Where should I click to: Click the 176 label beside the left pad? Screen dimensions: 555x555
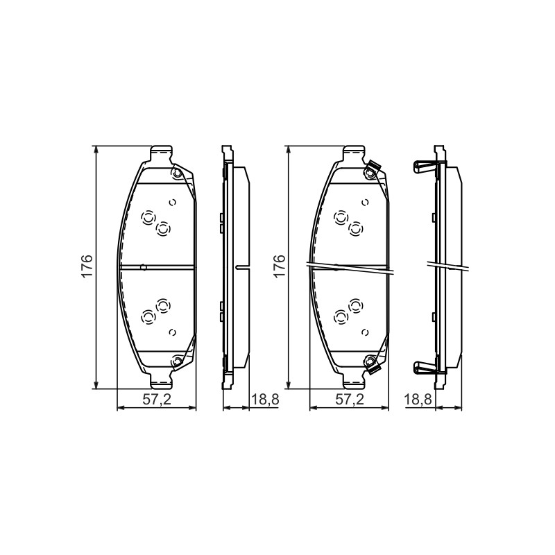click(87, 266)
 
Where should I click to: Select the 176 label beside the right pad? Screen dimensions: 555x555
click(280, 266)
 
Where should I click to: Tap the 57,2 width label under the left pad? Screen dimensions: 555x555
click(157, 400)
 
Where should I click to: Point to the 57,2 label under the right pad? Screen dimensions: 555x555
click(350, 400)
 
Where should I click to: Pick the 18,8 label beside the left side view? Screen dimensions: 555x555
click(265, 400)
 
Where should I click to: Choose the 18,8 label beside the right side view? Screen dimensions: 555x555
click(418, 400)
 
